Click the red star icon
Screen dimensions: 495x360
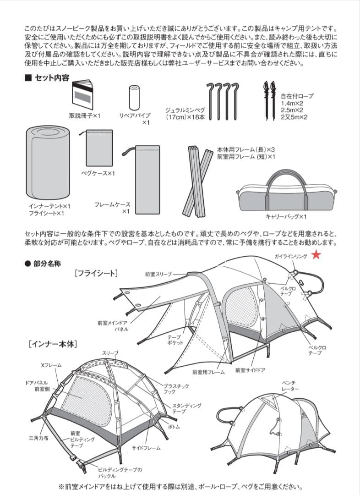316,255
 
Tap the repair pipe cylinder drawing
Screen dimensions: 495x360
134,97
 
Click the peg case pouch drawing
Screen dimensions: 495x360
99,148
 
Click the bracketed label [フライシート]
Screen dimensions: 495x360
96,274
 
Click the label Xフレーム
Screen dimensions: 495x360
51,365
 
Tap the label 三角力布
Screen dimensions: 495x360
39,438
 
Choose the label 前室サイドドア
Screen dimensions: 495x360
251,370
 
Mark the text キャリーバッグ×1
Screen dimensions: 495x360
286,216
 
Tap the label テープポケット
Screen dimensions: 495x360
175,340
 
